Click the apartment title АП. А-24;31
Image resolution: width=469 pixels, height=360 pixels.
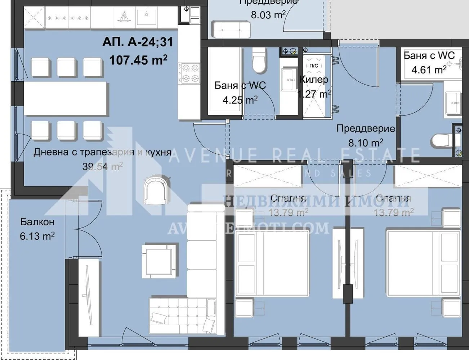138,42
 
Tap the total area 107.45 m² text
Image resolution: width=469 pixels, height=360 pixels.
138,60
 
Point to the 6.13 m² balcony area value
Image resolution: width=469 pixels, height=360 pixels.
37,236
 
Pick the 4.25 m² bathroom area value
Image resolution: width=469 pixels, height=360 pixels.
240,100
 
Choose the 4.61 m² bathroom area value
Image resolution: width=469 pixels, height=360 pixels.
429,69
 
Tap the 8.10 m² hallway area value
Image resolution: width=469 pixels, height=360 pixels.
365,143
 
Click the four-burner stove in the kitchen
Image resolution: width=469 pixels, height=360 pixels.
190,73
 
